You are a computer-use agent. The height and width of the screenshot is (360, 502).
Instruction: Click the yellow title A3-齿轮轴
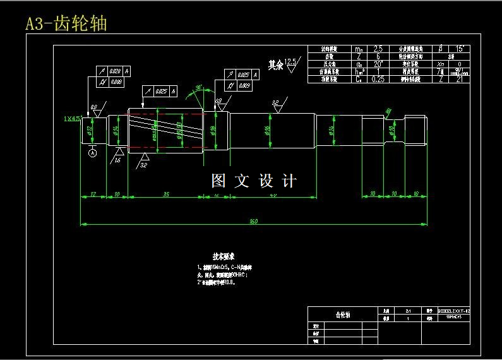coord(66,24)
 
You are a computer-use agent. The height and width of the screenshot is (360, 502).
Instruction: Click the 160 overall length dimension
coord(254,221)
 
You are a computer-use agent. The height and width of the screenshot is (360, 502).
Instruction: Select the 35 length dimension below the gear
coord(165,194)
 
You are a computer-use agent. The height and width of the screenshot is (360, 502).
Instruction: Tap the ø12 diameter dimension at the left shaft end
coord(90,131)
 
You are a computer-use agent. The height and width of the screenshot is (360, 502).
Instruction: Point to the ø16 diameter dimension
coord(268,131)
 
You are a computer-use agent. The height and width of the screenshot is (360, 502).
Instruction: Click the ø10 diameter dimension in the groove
coord(391,131)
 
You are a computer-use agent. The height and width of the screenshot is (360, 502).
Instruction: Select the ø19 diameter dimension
coord(213,131)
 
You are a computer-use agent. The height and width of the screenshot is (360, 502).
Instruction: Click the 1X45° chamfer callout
coord(72,118)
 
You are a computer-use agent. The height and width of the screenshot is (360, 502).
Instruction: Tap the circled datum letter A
coord(93,153)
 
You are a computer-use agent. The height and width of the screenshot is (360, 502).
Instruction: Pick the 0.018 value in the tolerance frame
coord(117,82)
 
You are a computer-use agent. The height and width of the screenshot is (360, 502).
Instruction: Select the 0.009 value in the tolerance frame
coord(245,85)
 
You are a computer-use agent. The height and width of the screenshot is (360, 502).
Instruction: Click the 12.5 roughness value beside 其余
coord(290,62)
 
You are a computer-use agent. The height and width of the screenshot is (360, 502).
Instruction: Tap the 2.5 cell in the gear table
coord(378,49)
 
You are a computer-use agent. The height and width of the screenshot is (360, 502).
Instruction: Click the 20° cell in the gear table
coord(378,64)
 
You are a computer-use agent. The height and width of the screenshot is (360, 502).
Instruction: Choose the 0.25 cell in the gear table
coord(378,79)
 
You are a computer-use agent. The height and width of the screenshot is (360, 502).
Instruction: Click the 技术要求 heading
coord(224,256)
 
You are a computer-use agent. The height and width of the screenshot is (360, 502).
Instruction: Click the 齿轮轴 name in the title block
coord(343,315)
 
